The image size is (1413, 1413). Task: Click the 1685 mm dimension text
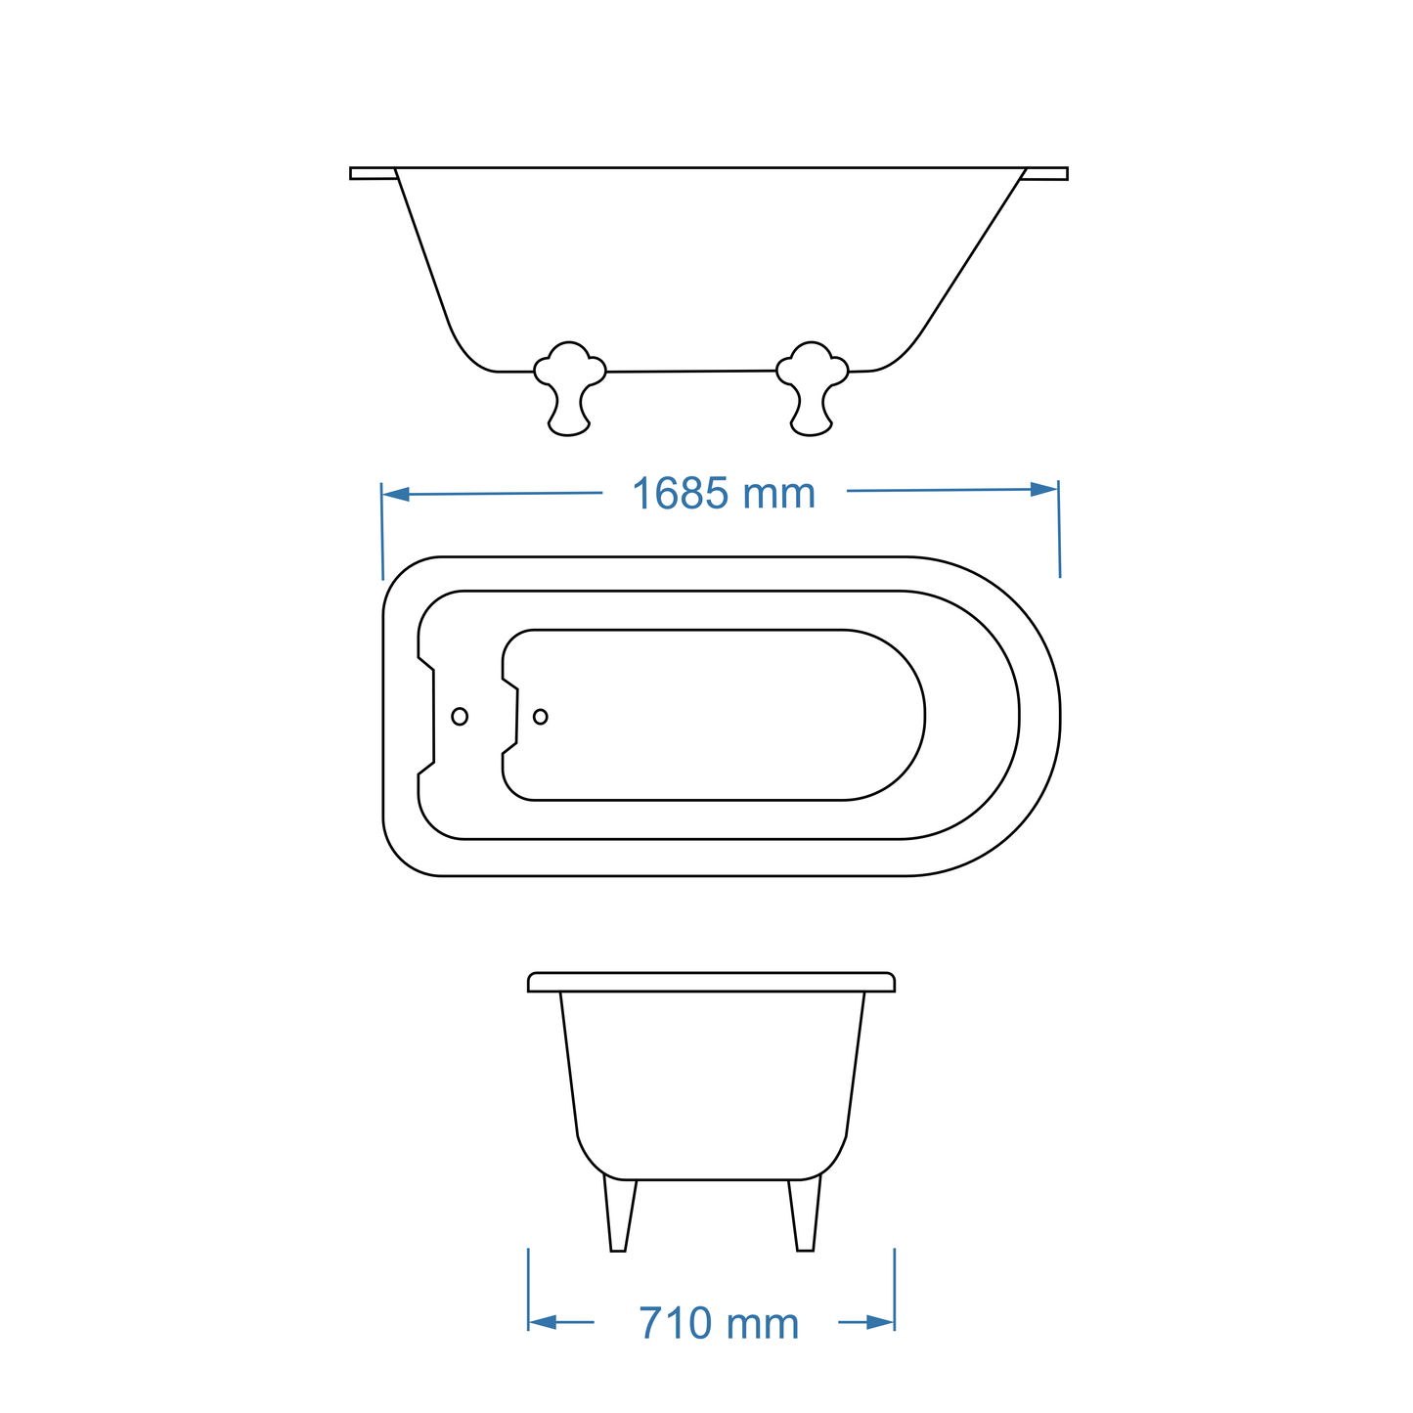[723, 494]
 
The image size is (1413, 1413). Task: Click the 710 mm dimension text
[719, 1323]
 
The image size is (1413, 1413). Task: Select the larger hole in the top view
[460, 717]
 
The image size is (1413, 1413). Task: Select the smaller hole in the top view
[541, 717]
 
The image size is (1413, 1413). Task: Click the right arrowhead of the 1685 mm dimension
[1043, 489]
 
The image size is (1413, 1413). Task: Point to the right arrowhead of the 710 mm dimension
[880, 1322]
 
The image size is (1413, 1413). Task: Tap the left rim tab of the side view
[373, 173]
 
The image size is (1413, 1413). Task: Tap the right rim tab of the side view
[1045, 174]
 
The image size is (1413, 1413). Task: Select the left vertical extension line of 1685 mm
[382, 533]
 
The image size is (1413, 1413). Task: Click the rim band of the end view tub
[711, 982]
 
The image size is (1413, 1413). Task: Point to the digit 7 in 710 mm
[652, 1323]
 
